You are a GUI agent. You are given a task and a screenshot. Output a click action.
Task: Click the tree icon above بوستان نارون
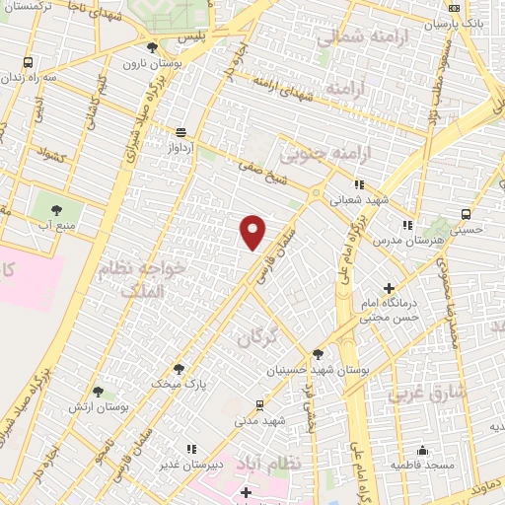pyautogui.click(x=151, y=47)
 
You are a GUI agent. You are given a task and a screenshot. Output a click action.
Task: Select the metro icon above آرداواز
pyautogui.click(x=180, y=131)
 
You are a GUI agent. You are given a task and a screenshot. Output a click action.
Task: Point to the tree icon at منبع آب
pyautogui.click(x=56, y=209)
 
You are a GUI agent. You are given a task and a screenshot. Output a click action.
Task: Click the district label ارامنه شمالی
pyautogui.click(x=356, y=37)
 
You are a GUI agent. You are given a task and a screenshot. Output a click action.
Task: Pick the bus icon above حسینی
pyautogui.click(x=466, y=214)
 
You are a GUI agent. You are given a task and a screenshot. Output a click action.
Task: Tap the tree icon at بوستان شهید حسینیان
pyautogui.click(x=317, y=355)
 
